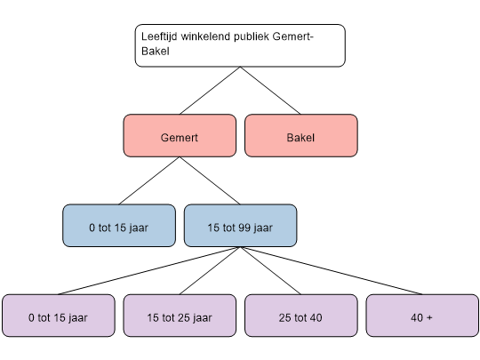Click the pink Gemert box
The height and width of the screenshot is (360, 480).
point(180,136)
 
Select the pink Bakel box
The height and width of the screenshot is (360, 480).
point(301,136)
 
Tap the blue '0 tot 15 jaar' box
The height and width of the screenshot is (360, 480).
point(119,226)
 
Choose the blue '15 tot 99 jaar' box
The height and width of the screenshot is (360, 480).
point(240,226)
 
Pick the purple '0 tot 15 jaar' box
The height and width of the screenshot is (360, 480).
point(59,316)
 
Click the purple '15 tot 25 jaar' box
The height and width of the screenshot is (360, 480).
point(180,316)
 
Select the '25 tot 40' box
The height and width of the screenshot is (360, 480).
point(301,316)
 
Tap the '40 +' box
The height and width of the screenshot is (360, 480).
point(422,316)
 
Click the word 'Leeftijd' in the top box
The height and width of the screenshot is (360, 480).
point(159,36)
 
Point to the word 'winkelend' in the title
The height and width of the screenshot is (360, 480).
point(205,36)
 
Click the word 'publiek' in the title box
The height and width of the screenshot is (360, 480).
point(252,36)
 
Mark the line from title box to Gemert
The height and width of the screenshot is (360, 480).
point(210,91)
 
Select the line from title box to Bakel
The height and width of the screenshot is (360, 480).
point(270,91)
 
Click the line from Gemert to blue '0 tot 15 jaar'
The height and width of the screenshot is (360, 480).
point(149,180)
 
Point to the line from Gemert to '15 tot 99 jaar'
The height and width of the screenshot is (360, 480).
point(210,180)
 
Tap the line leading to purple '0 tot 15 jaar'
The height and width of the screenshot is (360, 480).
point(149,270)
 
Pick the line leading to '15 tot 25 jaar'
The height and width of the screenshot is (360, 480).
point(210,270)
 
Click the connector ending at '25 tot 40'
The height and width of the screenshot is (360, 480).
point(270,270)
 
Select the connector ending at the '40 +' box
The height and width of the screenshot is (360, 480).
point(332,270)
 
